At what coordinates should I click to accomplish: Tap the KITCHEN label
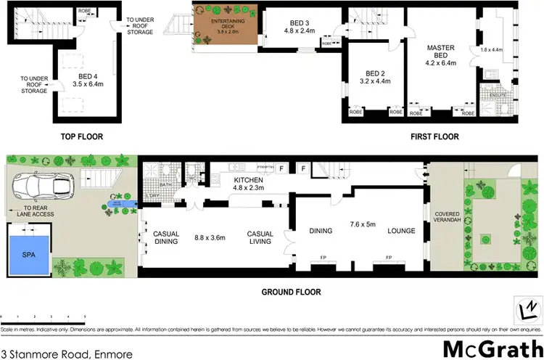click(x=248, y=179)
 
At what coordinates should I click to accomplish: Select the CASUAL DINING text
click(x=166, y=237)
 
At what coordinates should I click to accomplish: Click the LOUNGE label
click(x=400, y=232)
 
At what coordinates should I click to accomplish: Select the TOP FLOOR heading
click(x=81, y=136)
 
